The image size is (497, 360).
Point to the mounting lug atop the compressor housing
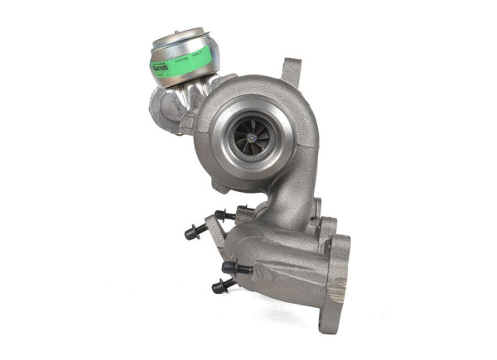[292, 70]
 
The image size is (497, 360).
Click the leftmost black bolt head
[190, 233]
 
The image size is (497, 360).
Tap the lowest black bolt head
[221, 286]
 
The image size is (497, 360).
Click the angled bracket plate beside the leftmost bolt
[212, 239]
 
